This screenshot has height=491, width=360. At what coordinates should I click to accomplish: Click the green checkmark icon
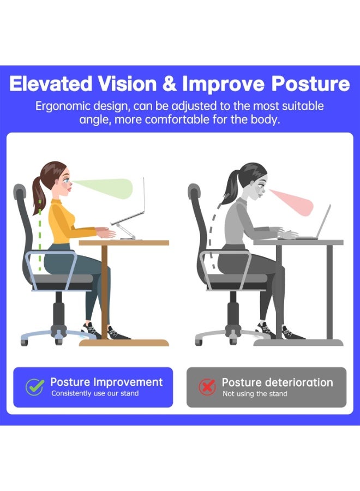coord(35,387)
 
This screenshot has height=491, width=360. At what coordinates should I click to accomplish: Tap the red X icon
coord(207,387)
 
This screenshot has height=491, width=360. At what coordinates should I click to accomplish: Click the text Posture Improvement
coord(106,382)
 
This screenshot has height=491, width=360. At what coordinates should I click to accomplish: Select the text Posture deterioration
coord(277,382)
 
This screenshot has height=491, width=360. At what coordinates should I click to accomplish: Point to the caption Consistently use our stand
coord(95,393)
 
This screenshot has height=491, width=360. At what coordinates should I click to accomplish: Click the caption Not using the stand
coord(255,393)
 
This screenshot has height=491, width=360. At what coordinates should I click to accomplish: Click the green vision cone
coord(112,188)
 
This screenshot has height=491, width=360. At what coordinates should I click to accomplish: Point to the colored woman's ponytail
coord(38,191)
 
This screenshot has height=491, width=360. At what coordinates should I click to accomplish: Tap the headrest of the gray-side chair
coord(194,192)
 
